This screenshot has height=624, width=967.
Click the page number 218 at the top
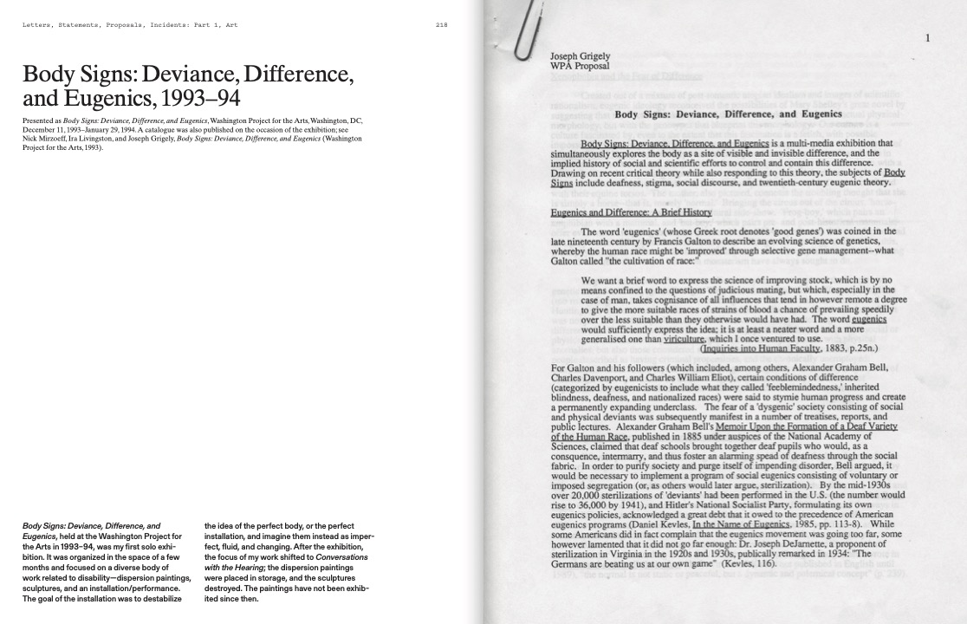pyautogui.click(x=441, y=25)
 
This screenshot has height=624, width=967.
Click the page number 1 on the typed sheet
pyautogui.click(x=927, y=37)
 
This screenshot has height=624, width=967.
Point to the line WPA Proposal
pyautogui.click(x=580, y=66)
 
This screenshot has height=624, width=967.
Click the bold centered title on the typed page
pyautogui.click(x=728, y=114)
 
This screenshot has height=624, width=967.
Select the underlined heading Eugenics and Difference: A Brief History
pyautogui.click(x=631, y=212)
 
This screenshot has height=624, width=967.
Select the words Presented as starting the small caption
pyautogui.click(x=42, y=120)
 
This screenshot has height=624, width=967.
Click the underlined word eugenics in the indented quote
pyautogui.click(x=868, y=319)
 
